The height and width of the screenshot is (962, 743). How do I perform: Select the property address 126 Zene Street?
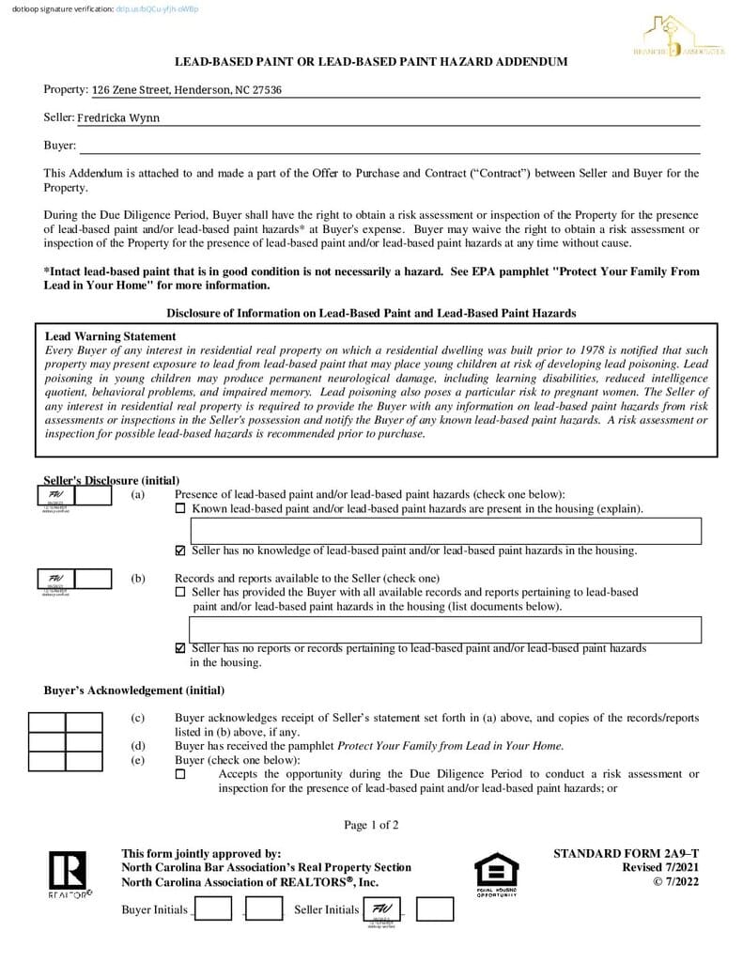tap(187, 90)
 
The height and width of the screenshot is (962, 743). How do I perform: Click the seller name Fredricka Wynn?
tap(118, 118)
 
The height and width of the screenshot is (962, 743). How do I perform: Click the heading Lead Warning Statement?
tap(111, 336)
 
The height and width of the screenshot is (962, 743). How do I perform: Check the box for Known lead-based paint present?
tap(180, 509)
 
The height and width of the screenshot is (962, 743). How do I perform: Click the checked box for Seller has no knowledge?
tap(180, 551)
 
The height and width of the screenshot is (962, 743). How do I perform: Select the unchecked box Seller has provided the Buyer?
tap(180, 593)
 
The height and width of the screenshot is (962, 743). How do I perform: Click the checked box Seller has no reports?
tap(180, 648)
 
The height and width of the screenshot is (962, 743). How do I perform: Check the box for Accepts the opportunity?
tap(180, 775)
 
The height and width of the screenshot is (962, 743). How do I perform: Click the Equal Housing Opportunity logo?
tap(495, 871)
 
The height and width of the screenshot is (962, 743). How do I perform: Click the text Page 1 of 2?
tap(371, 826)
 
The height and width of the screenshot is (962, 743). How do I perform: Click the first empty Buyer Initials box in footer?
tap(212, 909)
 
